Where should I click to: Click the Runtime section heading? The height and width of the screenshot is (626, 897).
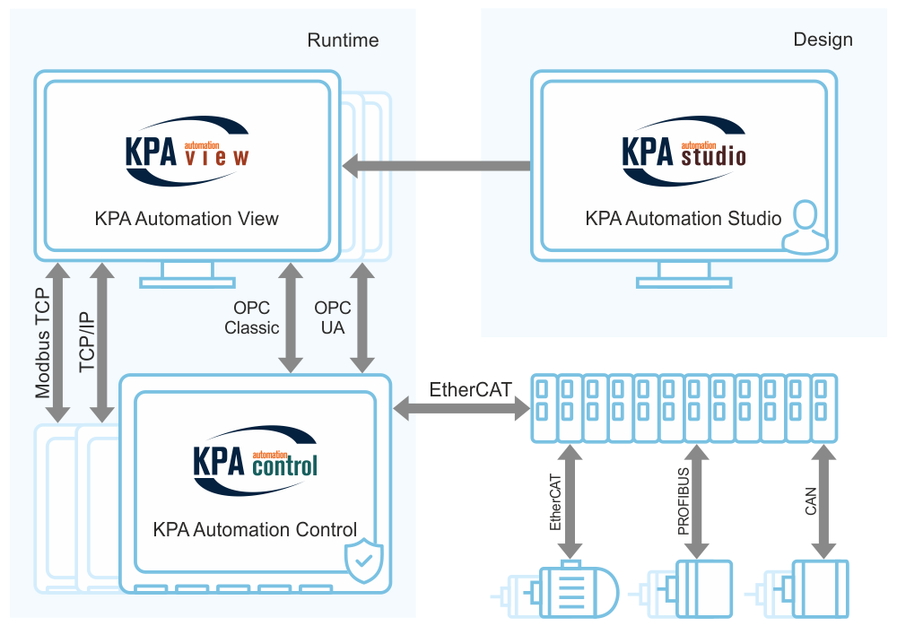coord(343,40)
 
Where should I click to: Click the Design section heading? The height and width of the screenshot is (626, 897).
coord(823,40)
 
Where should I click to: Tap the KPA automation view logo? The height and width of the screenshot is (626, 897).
coord(187,153)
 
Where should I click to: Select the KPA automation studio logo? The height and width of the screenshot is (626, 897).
coord(684,153)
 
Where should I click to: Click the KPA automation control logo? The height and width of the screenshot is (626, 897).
coord(255,462)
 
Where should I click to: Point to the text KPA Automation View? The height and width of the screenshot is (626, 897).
coord(187,218)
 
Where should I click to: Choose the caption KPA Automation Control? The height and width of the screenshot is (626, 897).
coord(255,529)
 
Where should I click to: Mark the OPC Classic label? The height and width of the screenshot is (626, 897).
coord(252,317)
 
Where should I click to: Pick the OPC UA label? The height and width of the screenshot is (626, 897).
coord(332,317)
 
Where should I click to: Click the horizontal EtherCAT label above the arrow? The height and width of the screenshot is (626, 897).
coord(471,390)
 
